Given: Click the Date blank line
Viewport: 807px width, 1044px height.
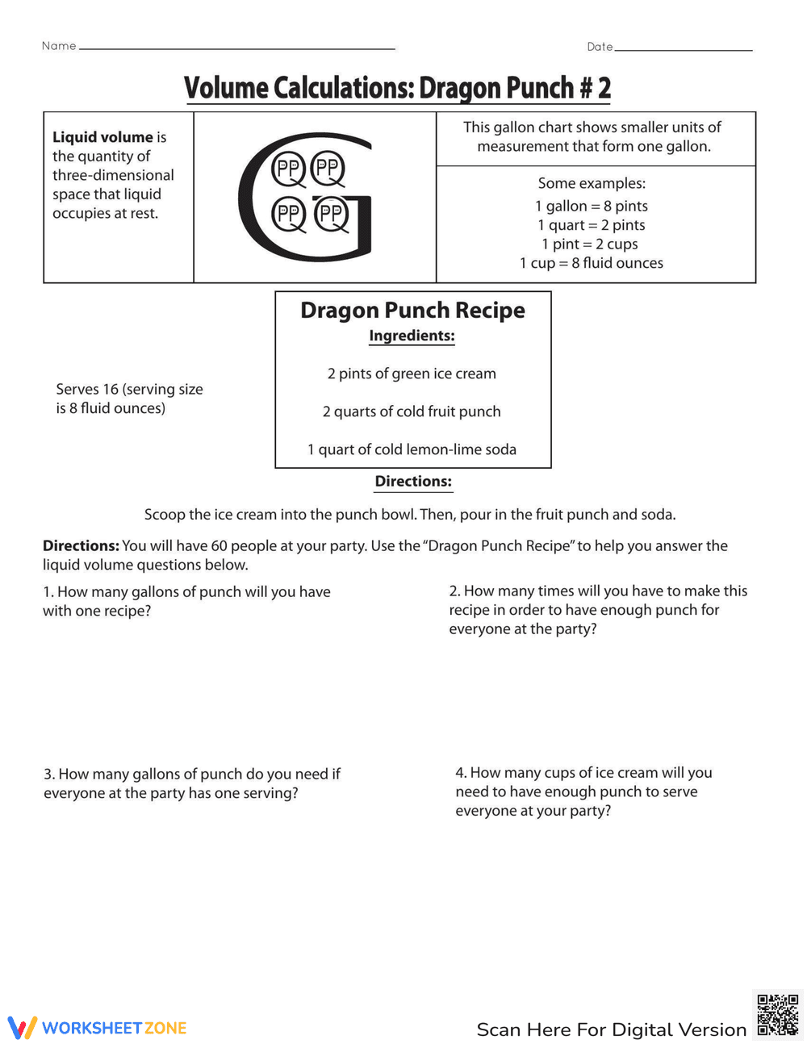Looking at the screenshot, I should click(x=683, y=49).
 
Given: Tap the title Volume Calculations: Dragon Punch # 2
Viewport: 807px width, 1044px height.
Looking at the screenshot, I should click(x=397, y=88).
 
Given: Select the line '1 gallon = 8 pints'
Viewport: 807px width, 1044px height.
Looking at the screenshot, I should click(x=592, y=206).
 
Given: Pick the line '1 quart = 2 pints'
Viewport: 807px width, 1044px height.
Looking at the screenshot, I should click(x=592, y=225).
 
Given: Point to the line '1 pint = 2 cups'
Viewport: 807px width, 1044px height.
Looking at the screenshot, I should click(x=590, y=244).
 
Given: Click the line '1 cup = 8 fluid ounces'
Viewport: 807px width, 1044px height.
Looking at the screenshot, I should click(x=592, y=263).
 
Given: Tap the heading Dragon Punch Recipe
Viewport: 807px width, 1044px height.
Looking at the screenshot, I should click(x=412, y=311).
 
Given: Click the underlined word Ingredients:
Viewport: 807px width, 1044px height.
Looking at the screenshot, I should click(x=412, y=336).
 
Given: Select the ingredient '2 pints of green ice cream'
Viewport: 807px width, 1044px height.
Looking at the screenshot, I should click(x=412, y=374).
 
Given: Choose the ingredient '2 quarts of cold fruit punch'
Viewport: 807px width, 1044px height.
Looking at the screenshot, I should click(x=412, y=411).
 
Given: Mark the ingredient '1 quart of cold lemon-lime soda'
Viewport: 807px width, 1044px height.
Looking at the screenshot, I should click(x=412, y=449).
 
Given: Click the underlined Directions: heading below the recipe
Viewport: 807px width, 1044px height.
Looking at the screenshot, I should click(x=413, y=482).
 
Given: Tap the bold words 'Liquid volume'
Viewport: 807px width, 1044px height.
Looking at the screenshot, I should click(x=102, y=137).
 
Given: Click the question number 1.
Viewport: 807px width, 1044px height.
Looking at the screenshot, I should click(x=48, y=592).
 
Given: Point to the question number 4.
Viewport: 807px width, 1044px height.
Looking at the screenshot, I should click(x=460, y=773).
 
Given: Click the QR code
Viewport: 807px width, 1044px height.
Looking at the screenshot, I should click(x=778, y=1014).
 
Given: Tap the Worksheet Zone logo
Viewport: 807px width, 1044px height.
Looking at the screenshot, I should click(x=98, y=1028).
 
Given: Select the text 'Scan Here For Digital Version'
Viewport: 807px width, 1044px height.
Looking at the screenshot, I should click(x=612, y=1029).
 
